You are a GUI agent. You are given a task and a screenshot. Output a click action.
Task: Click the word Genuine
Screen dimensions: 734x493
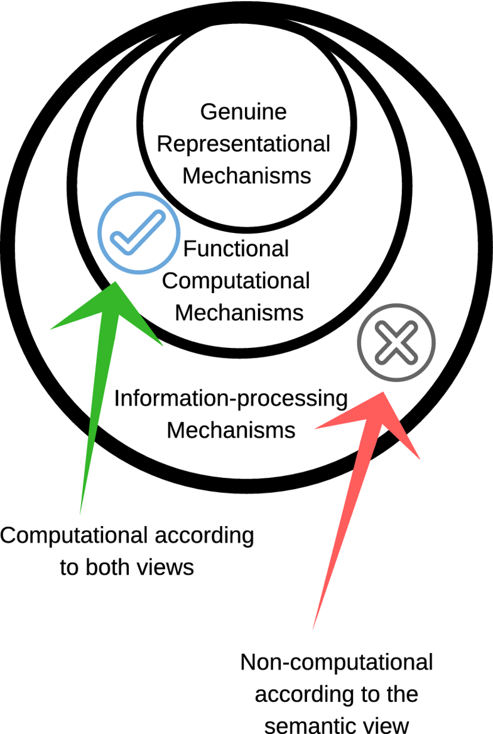coord(244,112)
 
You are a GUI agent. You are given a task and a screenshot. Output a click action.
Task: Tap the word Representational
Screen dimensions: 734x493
coord(244,144)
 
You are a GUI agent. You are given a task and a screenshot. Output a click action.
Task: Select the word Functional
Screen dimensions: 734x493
coord(236,249)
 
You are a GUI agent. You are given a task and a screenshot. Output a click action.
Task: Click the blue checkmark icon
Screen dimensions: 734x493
coord(137,232)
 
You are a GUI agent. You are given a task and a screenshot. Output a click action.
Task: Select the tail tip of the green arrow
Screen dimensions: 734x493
coord(81,512)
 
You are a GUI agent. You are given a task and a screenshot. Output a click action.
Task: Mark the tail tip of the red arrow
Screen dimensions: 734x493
coord(313,628)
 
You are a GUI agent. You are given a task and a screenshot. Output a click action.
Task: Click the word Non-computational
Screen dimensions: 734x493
coord(337,663)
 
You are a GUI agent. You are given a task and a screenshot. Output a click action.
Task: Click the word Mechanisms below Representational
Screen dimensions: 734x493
coord(247,176)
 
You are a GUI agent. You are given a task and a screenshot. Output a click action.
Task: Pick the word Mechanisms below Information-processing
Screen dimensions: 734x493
coord(231,431)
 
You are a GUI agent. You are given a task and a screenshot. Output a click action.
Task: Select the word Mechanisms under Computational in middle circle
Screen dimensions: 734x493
coord(239,312)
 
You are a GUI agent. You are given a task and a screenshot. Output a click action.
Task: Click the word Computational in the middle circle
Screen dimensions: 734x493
coord(236,281)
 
